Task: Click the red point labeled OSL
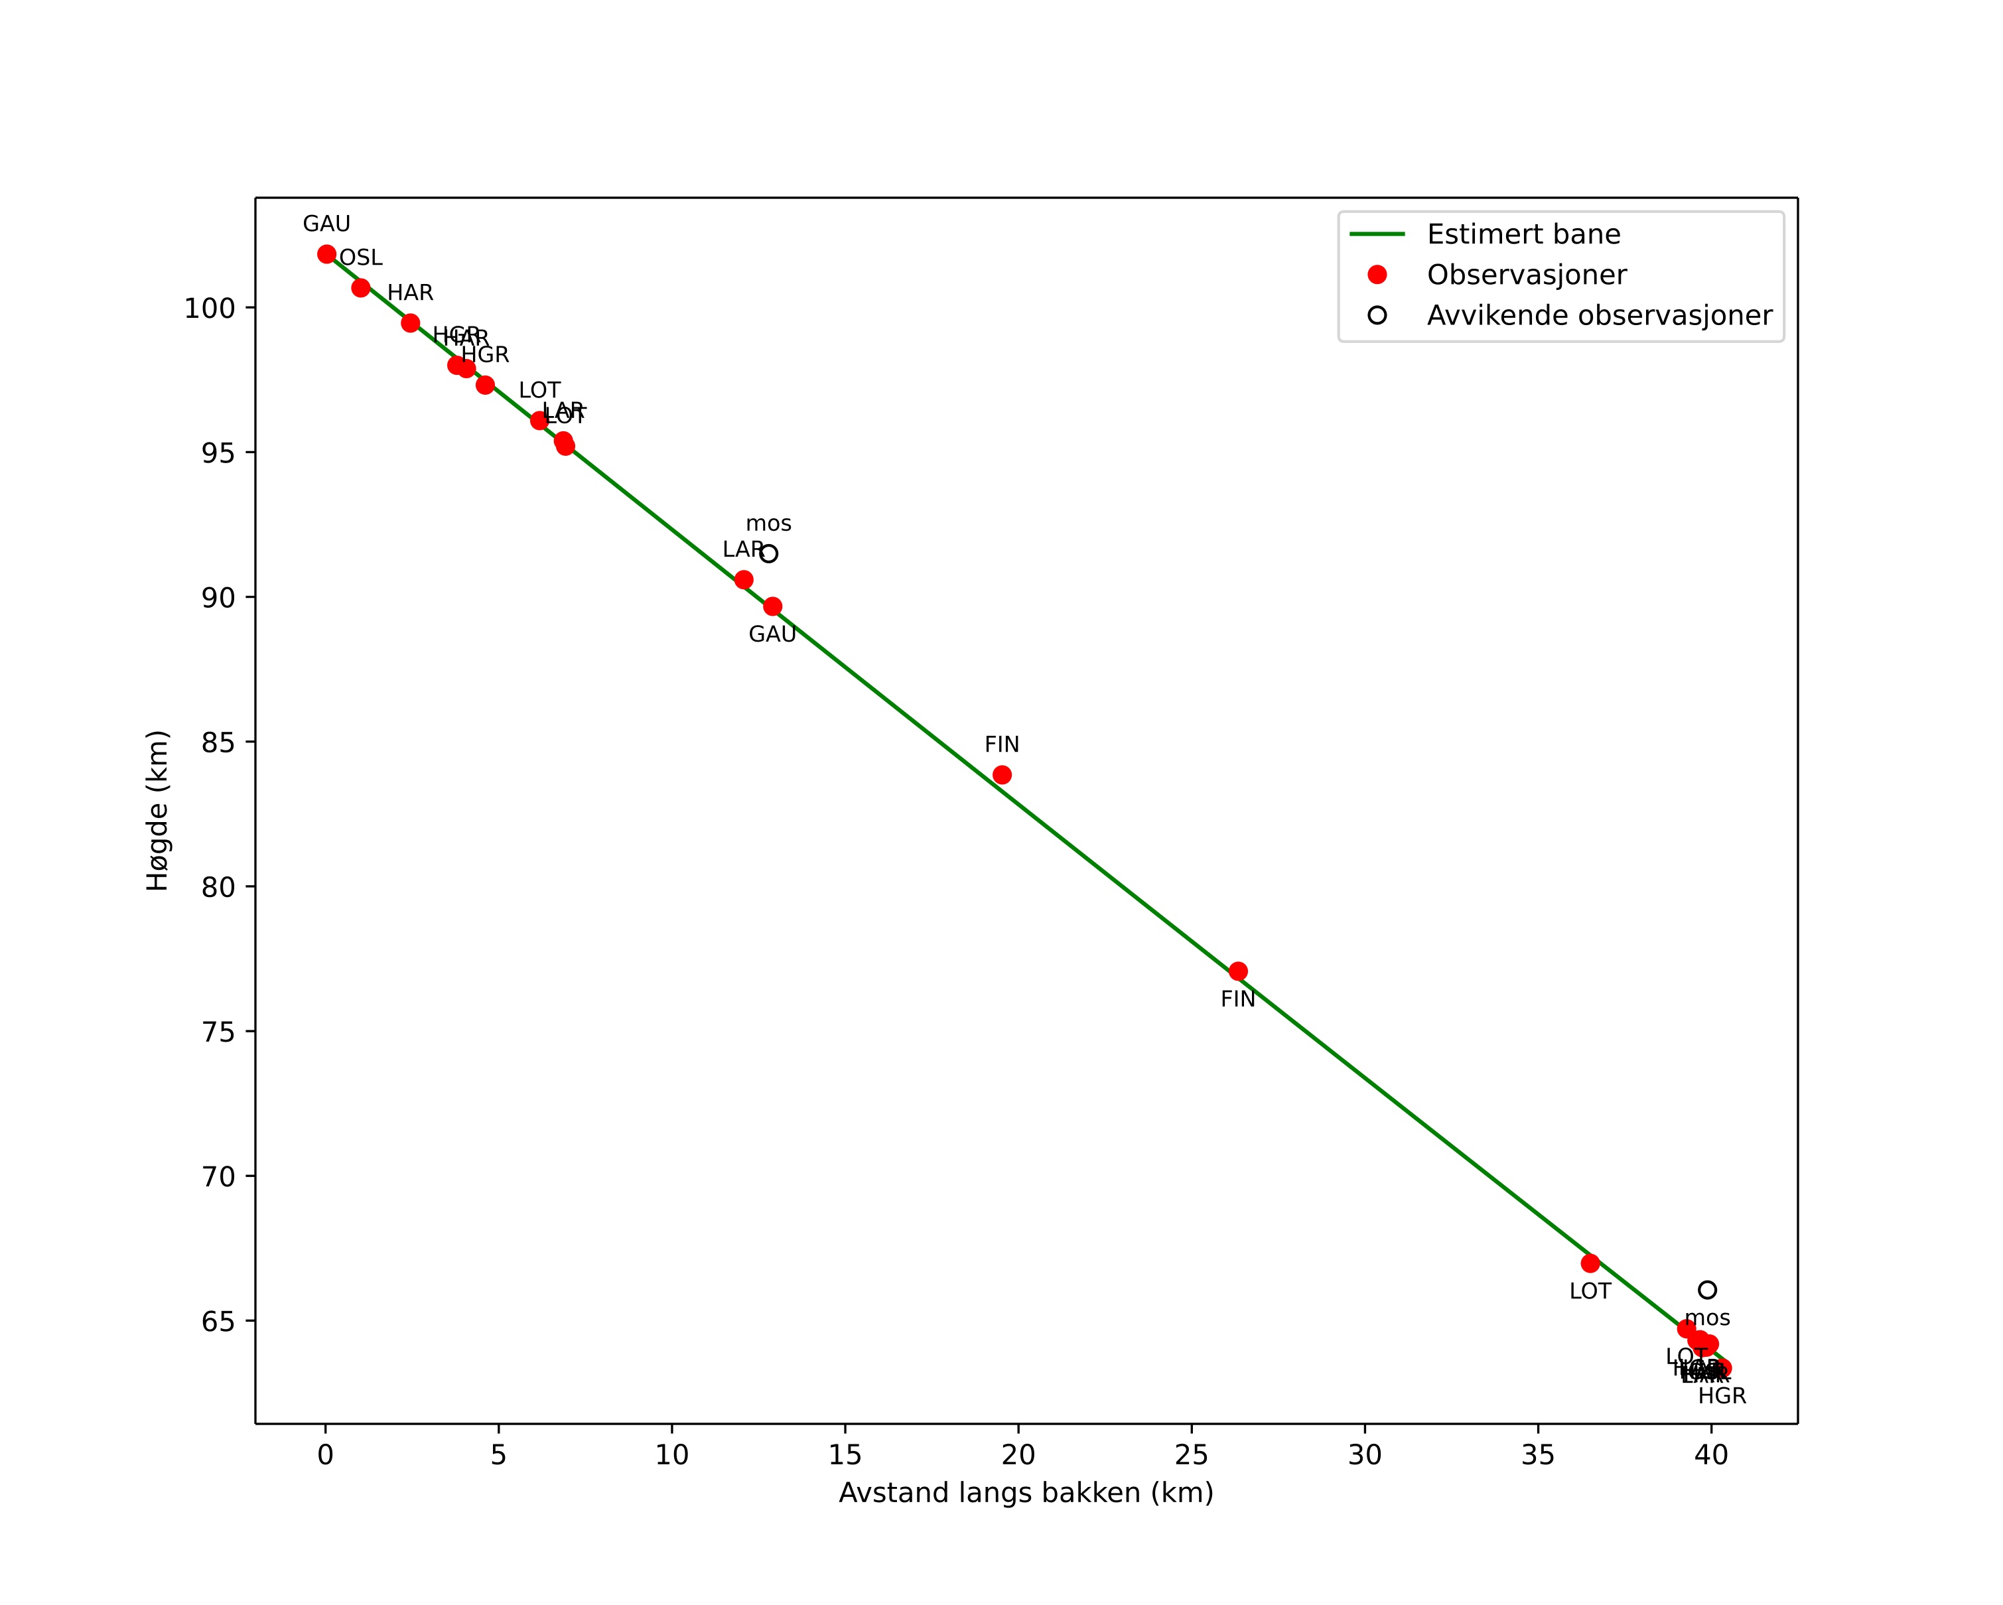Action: (x=360, y=288)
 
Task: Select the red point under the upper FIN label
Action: (x=1002, y=775)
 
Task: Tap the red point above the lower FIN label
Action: (x=1237, y=971)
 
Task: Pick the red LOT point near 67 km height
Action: (x=1590, y=1263)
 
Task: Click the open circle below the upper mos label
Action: (x=768, y=553)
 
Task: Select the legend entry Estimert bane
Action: (x=1523, y=234)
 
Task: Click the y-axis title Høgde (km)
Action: (x=158, y=810)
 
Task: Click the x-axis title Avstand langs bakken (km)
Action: (x=1026, y=1493)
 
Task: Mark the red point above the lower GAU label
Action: (x=772, y=606)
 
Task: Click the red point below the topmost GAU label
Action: (x=326, y=255)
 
